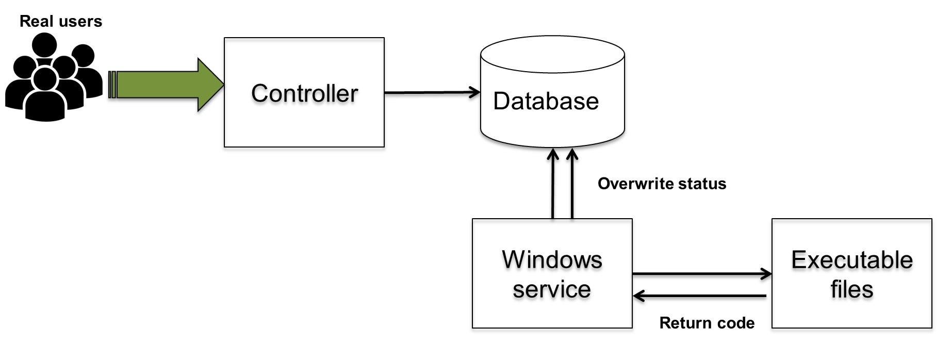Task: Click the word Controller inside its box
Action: click(304, 94)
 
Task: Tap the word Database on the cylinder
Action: click(546, 101)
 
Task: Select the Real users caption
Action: click(61, 22)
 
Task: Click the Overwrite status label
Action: click(662, 184)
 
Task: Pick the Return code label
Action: click(707, 323)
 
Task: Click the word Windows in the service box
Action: click(552, 259)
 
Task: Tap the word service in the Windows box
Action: click(552, 289)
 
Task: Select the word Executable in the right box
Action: click(851, 259)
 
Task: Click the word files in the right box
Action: click(851, 289)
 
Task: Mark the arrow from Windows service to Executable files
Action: click(701, 274)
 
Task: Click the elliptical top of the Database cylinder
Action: click(552, 54)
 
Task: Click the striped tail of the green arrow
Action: click(113, 85)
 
